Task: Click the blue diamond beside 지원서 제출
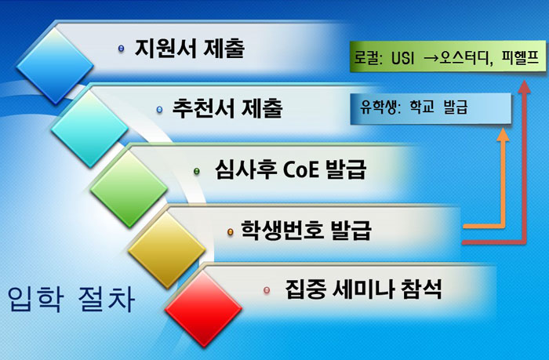55,66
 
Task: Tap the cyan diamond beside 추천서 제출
89,129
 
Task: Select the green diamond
129,189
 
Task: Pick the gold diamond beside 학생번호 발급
166,250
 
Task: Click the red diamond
203,309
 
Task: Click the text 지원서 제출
190,48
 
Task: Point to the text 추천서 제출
227,107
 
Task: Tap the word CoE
300,169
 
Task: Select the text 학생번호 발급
306,230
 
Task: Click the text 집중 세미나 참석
363,289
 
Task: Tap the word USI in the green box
402,58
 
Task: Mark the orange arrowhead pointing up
504,134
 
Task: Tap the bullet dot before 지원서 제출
121,49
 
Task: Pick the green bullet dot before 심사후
197,171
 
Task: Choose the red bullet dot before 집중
267,290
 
